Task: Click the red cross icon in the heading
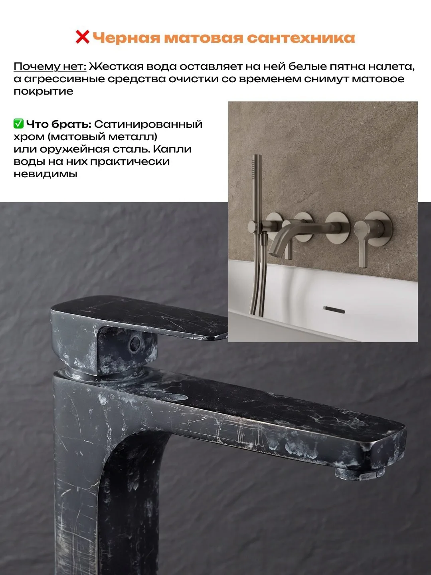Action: point(83,37)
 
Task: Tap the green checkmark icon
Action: point(19,124)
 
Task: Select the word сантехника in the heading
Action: point(301,38)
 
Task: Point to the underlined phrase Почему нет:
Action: point(50,67)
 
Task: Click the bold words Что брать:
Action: point(59,124)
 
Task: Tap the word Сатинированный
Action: point(148,124)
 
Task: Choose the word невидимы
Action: point(45,174)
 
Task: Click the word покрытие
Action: point(43,91)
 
